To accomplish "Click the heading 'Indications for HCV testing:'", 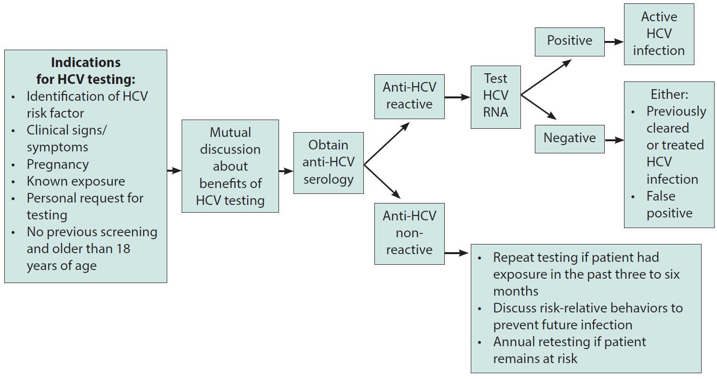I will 86,71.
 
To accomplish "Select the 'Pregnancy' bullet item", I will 57,164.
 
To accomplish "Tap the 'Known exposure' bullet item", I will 76,181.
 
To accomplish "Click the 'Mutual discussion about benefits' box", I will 230,166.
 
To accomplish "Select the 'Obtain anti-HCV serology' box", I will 328,162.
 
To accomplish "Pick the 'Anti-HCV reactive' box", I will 409,96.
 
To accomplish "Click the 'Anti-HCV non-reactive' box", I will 409,233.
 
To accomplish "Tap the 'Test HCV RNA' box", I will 495,95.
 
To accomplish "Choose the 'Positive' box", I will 569,41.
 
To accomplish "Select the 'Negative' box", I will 569,138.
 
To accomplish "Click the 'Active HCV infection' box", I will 658,34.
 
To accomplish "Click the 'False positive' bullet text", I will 669,204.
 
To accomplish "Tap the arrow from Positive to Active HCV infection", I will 614,42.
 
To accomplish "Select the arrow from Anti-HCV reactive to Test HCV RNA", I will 457,97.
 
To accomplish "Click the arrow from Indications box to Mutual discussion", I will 174,170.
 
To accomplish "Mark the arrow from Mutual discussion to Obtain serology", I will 286,171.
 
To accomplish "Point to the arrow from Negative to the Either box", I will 614,140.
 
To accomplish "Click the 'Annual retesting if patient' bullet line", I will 569,342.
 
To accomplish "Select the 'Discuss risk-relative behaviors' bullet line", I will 587,308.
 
